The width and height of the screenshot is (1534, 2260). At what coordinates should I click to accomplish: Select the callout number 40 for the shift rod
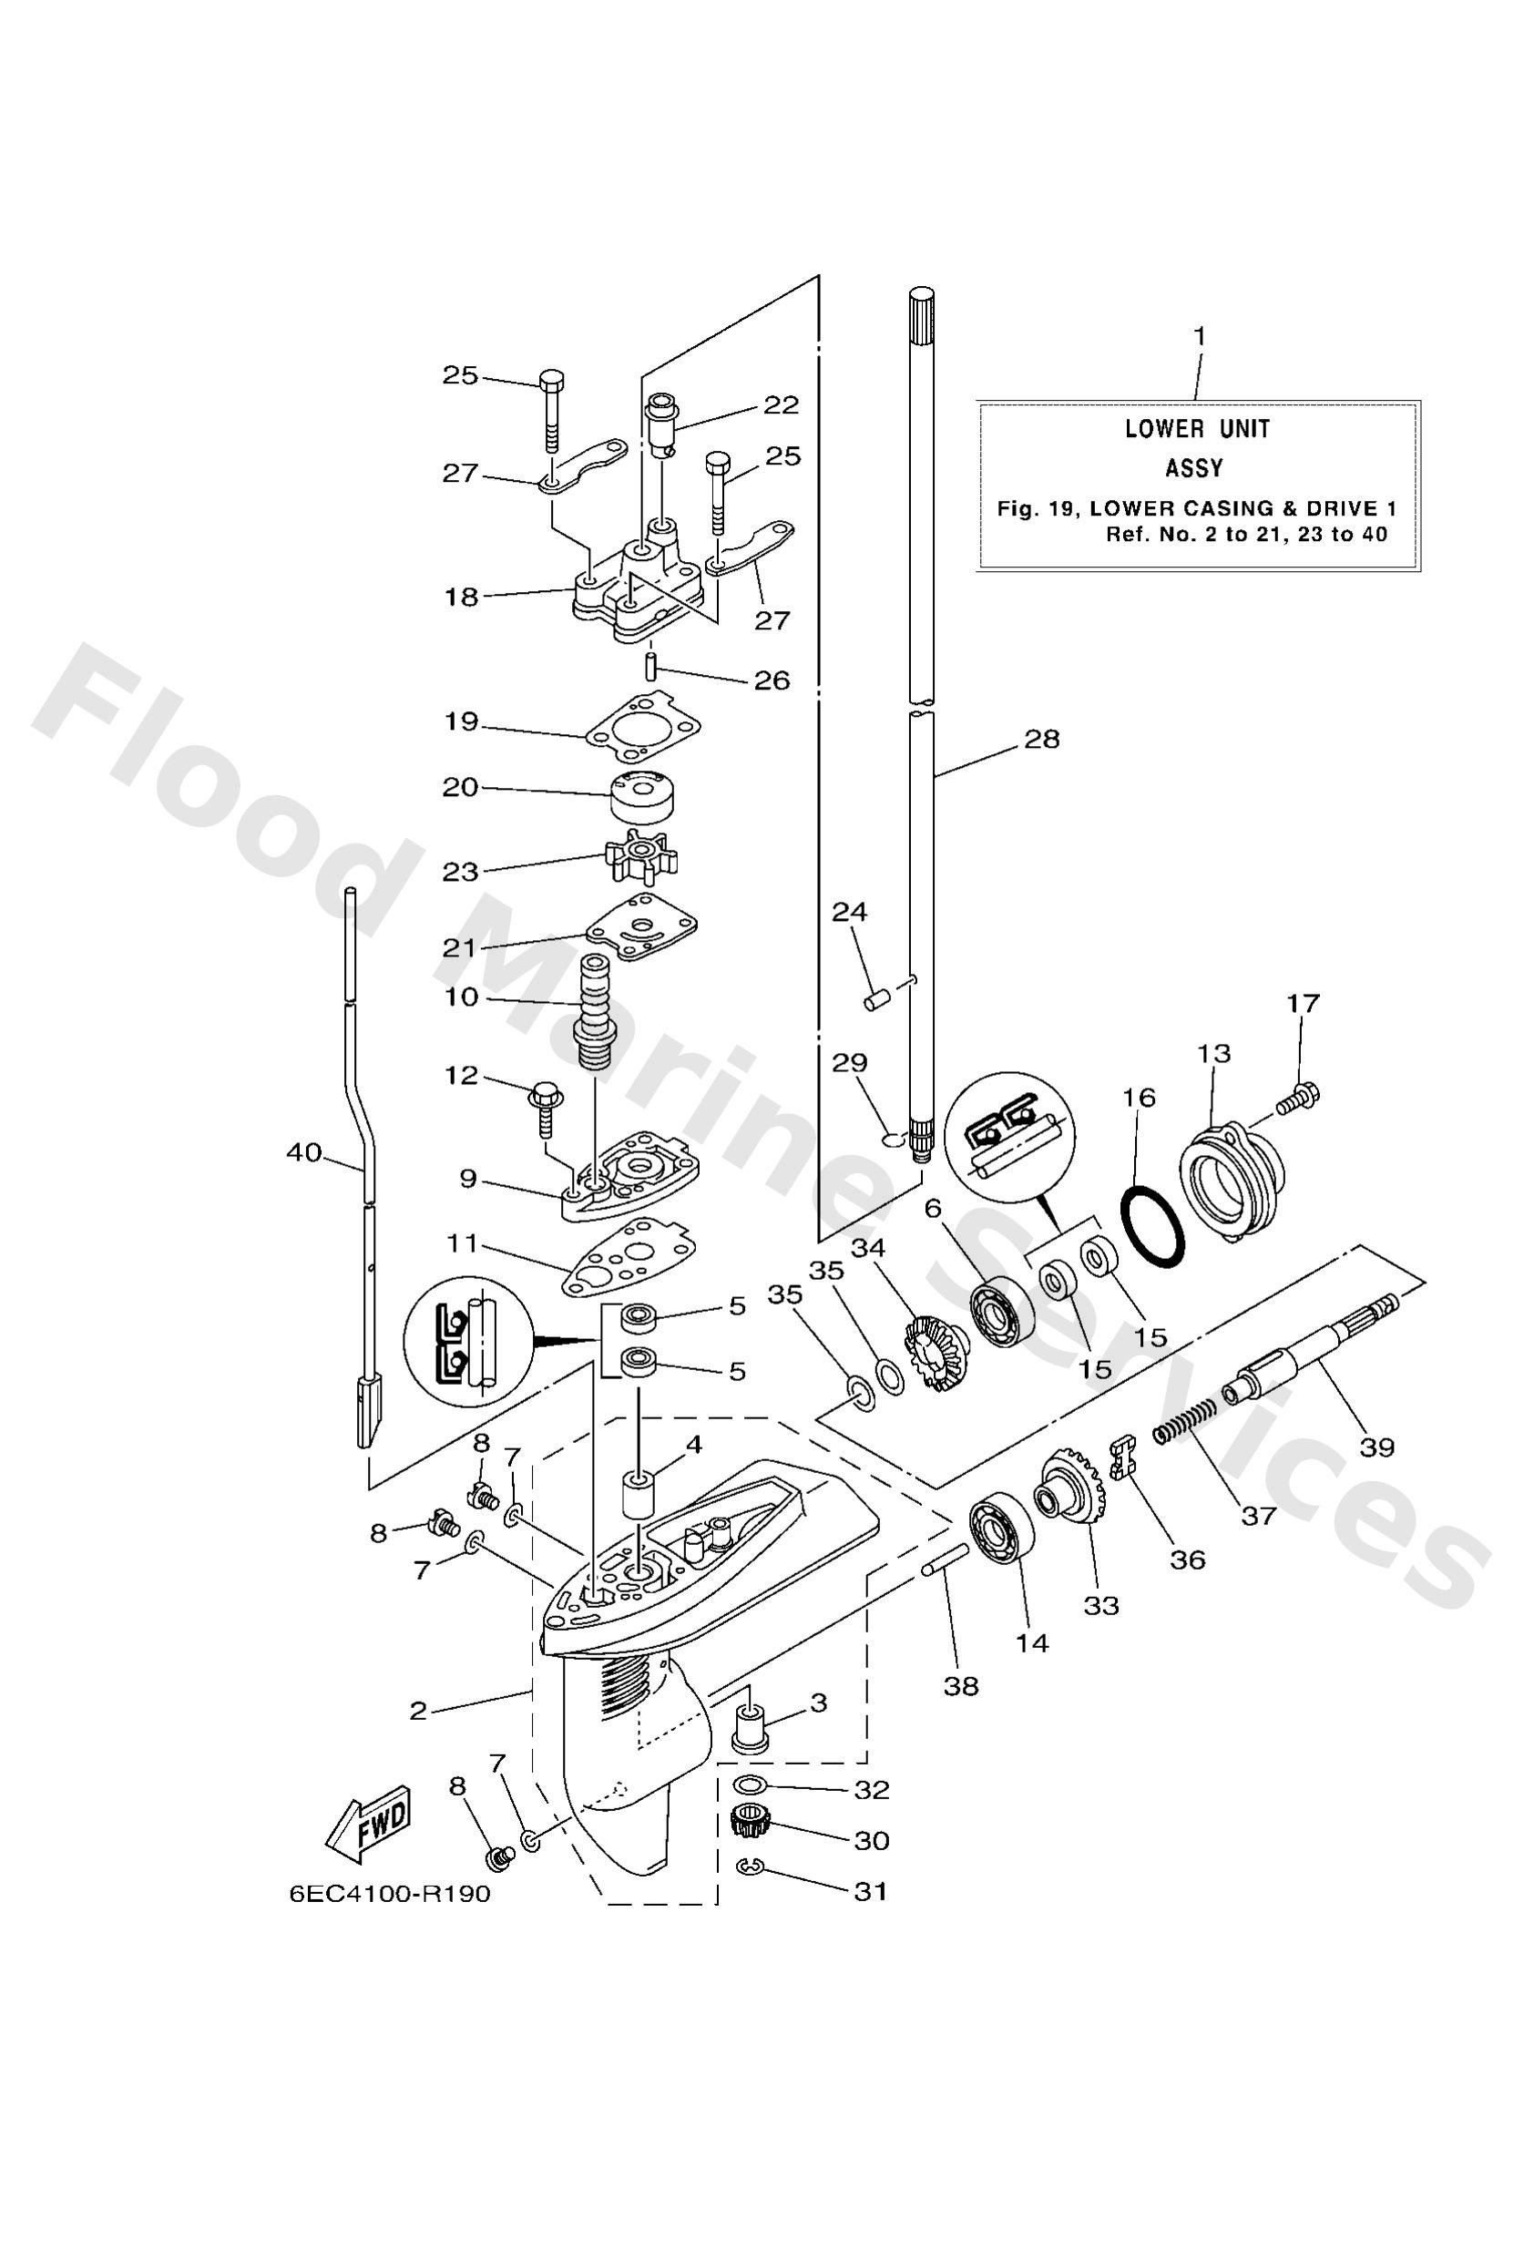(304, 1153)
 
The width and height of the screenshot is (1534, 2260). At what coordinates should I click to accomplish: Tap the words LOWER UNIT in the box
(1198, 429)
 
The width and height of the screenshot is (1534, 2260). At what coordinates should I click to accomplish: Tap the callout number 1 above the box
(1200, 336)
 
